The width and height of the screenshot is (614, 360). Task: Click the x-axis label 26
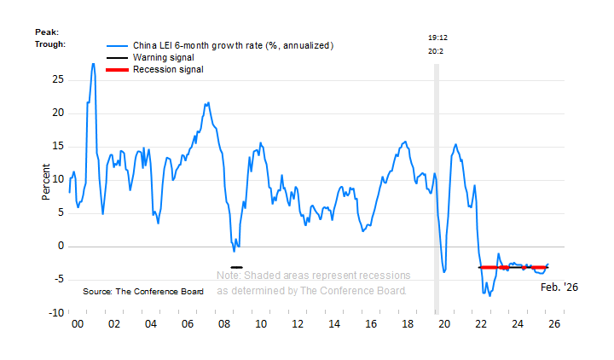click(x=553, y=325)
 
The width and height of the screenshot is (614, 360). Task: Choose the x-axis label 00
click(x=77, y=325)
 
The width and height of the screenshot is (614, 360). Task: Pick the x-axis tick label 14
click(x=334, y=325)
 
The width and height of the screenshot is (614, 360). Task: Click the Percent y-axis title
click(x=46, y=180)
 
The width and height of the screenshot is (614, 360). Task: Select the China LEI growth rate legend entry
click(x=230, y=45)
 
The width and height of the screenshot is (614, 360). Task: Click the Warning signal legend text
click(x=163, y=57)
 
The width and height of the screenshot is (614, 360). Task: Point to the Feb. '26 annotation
click(x=559, y=287)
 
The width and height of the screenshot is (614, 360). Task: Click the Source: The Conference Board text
click(x=143, y=292)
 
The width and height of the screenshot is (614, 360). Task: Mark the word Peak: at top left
click(x=48, y=32)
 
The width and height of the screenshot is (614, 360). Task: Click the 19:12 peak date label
click(x=437, y=38)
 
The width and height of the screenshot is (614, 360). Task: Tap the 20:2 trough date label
click(x=437, y=51)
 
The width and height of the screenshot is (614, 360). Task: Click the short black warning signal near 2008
click(x=237, y=267)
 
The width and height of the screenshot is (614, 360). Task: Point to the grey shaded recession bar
click(x=437, y=188)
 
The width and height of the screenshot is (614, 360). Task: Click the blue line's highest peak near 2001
click(x=93, y=63)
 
